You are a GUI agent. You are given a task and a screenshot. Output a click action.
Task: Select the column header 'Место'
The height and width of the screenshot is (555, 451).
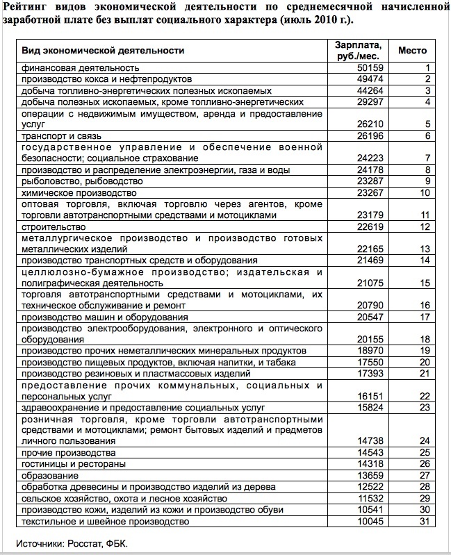pos(412,51)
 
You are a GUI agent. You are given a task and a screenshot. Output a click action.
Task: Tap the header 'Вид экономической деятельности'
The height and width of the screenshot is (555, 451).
pos(103,51)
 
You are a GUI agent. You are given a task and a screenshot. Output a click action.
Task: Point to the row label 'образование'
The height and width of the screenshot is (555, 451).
pos(49,476)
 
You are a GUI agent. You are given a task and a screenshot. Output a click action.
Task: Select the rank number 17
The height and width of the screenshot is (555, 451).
pos(425,317)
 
